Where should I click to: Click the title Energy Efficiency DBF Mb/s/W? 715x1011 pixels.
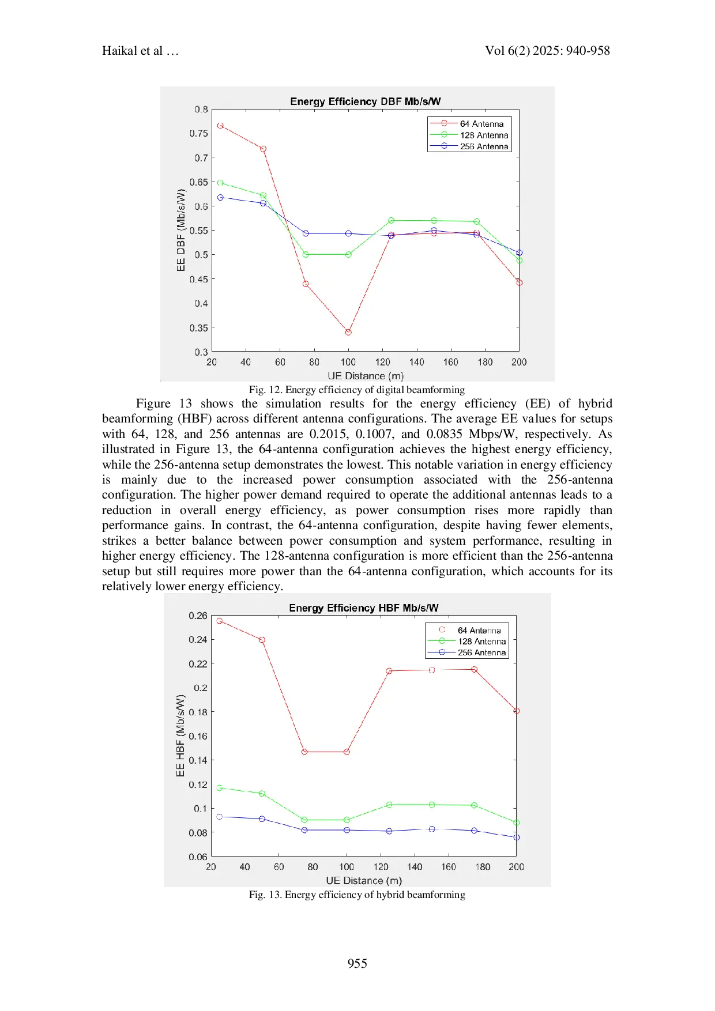click(365, 101)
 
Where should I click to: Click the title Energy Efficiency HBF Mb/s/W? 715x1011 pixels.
click(363, 608)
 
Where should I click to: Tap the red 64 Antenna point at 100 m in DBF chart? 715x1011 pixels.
click(348, 332)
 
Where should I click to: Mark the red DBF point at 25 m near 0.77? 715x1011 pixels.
click(220, 126)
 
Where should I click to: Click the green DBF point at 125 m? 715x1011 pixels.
click(392, 221)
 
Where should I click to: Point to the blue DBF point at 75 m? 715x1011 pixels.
click(306, 233)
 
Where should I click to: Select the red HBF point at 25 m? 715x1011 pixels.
click(219, 621)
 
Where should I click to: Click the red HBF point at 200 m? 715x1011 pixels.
click(517, 711)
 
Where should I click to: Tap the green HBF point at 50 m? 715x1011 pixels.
click(262, 794)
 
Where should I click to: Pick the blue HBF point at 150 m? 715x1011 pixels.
click(432, 829)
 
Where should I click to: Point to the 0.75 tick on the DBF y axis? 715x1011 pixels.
click(199, 134)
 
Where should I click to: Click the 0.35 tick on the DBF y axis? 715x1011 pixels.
click(199, 328)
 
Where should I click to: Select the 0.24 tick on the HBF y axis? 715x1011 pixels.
click(198, 640)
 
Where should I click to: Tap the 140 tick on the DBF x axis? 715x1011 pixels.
click(416, 363)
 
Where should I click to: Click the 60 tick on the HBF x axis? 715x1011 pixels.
click(279, 867)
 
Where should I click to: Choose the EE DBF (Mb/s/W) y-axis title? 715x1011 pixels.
click(181, 231)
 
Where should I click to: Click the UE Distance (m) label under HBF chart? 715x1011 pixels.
click(364, 881)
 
